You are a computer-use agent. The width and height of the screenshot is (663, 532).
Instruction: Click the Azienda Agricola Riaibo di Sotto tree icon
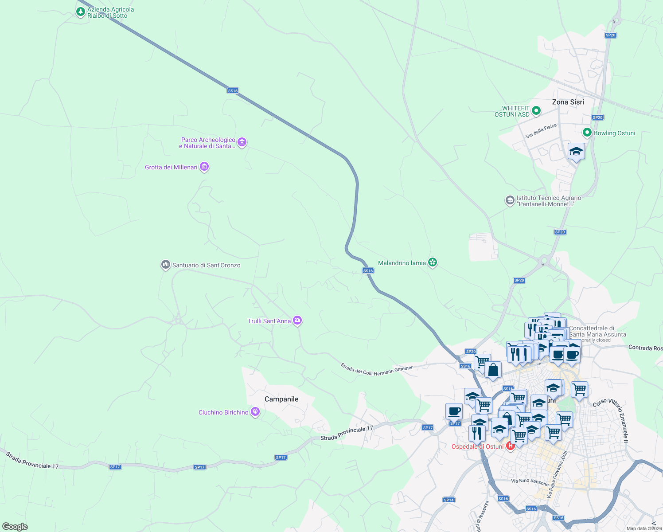80,12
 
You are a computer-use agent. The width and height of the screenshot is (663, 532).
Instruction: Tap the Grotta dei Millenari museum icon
204,167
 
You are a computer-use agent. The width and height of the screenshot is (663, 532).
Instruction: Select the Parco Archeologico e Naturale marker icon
242,142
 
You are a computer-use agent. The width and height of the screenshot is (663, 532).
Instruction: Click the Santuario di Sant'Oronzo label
206,265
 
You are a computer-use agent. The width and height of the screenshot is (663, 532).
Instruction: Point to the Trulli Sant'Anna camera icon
297,321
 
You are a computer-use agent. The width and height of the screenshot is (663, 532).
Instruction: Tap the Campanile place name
281,399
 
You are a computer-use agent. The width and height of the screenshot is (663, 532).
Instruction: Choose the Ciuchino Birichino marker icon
255,412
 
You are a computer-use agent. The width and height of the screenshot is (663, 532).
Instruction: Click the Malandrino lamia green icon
433,262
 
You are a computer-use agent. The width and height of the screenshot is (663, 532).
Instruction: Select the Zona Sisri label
568,102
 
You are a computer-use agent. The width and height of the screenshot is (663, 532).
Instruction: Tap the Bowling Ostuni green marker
587,133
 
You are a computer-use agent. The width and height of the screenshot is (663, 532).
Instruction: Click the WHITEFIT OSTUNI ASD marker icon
536,111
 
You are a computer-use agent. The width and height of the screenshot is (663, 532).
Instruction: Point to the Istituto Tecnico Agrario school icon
510,200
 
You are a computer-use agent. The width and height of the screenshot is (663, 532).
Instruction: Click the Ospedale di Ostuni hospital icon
510,446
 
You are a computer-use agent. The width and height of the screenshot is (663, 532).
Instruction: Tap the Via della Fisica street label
541,131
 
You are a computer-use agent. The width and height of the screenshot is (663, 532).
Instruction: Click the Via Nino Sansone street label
530,481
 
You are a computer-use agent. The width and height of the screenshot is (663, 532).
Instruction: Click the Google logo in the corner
15,527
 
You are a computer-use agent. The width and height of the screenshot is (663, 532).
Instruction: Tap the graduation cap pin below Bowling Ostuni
576,152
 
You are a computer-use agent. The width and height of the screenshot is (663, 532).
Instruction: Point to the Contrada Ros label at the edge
645,348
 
